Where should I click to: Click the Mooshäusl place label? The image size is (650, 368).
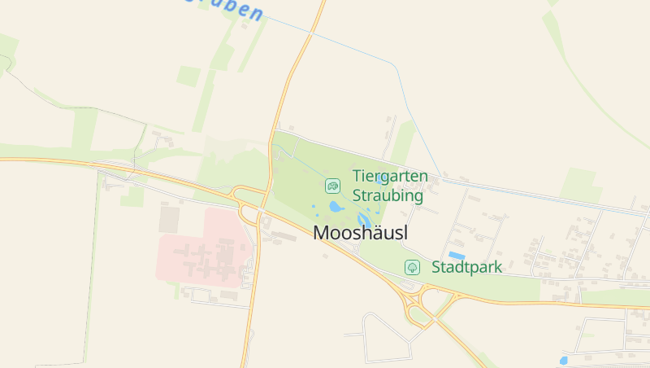tap(360, 233)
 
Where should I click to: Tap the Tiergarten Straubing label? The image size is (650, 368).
tap(388, 186)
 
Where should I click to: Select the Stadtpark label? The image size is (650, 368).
tap(466, 267)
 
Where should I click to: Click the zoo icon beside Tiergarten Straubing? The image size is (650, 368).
tap(332, 186)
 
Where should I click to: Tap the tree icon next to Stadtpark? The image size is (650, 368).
tap(412, 267)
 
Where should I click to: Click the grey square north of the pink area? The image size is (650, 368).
tap(169, 219)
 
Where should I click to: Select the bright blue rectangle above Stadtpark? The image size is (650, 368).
tap(457, 255)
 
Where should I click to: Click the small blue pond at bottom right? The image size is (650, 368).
tap(563, 360)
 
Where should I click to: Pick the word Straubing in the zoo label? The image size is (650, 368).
tap(388, 196)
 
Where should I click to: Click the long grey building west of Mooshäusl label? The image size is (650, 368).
tap(284, 236)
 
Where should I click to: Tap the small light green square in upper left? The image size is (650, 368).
tap(188, 76)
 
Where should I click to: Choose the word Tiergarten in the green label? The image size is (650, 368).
tap(388, 175)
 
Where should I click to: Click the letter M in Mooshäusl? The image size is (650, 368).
tap(322, 233)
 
